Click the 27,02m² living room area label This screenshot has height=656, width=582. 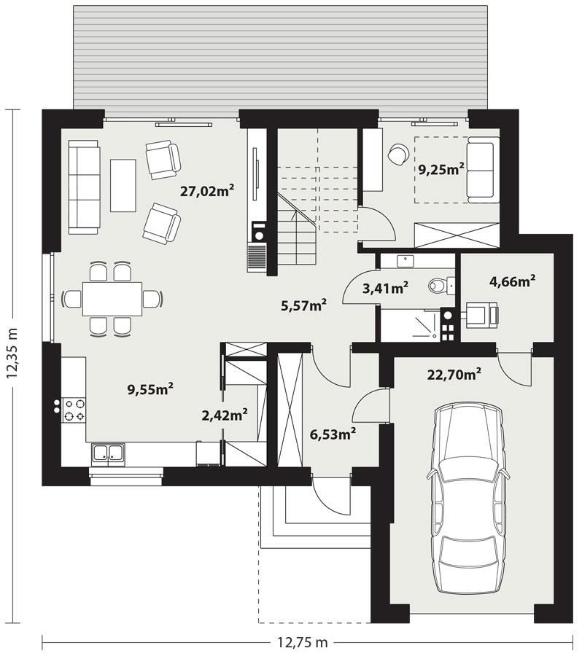[207, 191]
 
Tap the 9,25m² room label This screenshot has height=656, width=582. [441, 170]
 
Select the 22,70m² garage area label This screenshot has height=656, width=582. [454, 375]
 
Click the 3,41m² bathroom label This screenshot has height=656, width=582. [385, 289]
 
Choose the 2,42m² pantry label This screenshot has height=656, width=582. [225, 415]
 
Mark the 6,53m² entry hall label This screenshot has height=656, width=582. [333, 434]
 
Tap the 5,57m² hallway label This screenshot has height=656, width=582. [303, 306]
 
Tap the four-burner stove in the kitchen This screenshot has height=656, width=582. [74, 408]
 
